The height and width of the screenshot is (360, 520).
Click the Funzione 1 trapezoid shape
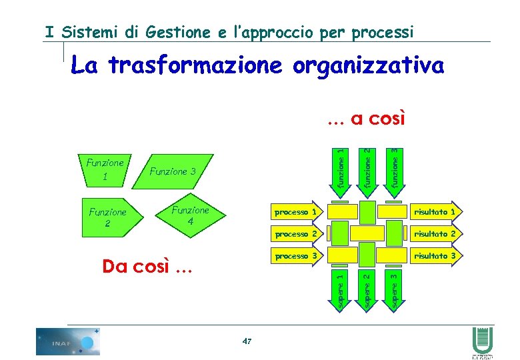click(x=105, y=169)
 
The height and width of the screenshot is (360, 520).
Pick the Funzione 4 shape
click(x=191, y=214)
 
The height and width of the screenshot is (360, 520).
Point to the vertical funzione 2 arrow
click(x=367, y=167)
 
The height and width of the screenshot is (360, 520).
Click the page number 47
click(x=247, y=342)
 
